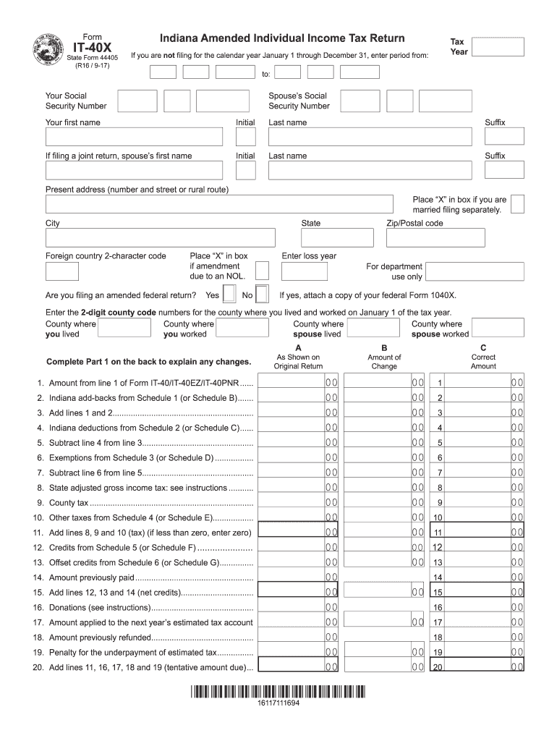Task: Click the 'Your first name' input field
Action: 134,137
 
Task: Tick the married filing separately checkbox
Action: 518,204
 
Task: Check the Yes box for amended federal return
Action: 229,295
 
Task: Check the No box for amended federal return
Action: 263,295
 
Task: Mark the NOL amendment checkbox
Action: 263,271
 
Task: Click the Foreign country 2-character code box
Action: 62,271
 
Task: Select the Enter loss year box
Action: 305,271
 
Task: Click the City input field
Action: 160,238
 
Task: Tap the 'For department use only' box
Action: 475,271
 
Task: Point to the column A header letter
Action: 298,348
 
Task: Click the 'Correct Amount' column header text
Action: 483,362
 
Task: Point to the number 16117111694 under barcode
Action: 278,704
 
